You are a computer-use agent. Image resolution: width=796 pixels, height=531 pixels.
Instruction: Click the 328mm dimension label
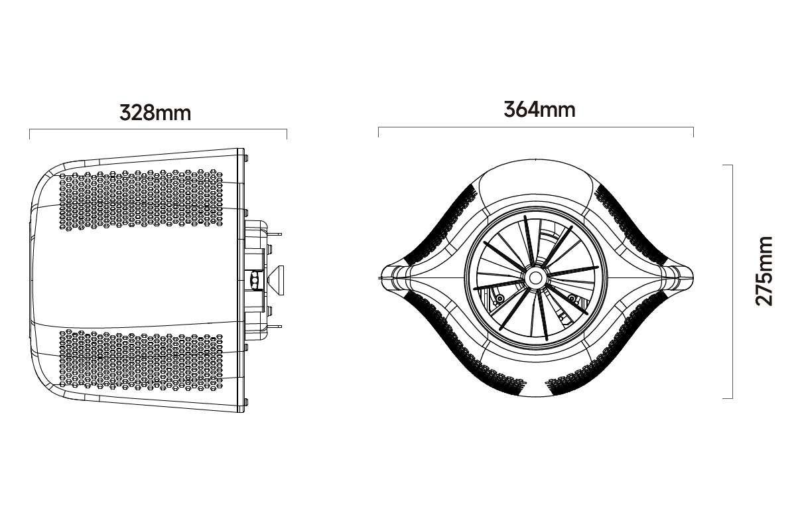155,112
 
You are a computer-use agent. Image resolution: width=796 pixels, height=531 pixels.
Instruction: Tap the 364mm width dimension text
539,109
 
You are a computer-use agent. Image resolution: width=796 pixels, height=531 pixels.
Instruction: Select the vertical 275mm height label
765,270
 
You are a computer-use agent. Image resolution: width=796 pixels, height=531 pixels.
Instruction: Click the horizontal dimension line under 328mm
158,131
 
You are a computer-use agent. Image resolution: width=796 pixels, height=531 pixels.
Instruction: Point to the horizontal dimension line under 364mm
535,128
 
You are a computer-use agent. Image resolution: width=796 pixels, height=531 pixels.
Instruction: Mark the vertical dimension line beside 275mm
732,281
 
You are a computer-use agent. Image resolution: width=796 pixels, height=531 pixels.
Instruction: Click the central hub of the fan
535,275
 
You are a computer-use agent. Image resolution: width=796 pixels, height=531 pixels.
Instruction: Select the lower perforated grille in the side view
143,358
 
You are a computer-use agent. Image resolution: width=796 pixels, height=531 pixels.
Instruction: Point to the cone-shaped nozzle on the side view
277,279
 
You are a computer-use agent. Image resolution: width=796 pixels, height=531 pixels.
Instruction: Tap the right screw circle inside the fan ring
571,298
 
